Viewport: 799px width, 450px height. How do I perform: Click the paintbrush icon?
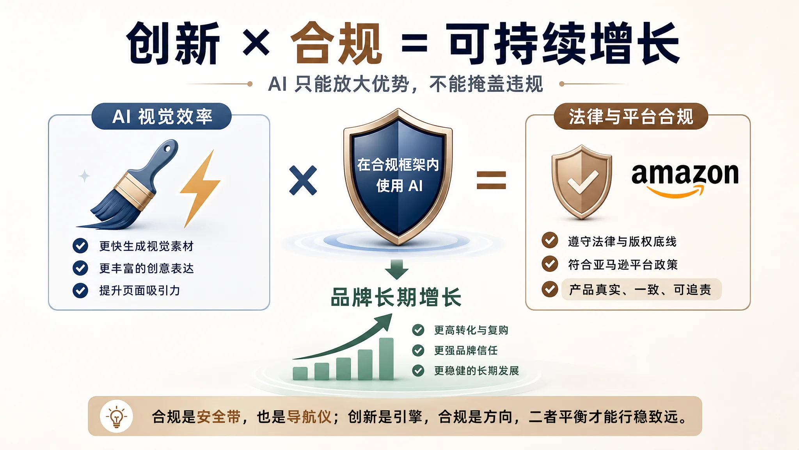tap(129, 185)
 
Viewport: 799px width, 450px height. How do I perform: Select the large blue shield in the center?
tap(398, 177)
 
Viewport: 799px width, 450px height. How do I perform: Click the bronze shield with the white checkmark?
tap(581, 182)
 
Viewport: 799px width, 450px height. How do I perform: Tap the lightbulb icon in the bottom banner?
tap(116, 416)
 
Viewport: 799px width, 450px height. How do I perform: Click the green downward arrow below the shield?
tap(397, 270)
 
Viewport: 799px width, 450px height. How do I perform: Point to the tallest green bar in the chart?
tap(386, 359)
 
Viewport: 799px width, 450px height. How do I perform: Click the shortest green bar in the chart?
tap(300, 373)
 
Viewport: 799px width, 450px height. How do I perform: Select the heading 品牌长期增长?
tap(396, 297)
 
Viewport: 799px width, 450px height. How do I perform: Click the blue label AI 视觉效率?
tap(162, 116)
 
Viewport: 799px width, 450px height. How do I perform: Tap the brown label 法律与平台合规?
tap(631, 116)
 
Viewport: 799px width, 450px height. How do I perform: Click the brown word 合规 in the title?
tap(336, 43)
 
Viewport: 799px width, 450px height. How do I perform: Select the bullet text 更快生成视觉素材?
tap(146, 246)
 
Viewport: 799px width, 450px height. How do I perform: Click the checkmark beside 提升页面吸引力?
tap(80, 291)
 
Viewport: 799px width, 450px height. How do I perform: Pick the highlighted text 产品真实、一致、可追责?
tap(640, 289)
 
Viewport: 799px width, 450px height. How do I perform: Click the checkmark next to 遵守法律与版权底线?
tap(550, 241)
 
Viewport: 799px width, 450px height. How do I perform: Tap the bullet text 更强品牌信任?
tap(466, 350)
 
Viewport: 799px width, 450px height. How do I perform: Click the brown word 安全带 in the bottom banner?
tap(218, 417)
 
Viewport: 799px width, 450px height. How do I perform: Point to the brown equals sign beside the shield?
tap(491, 180)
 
